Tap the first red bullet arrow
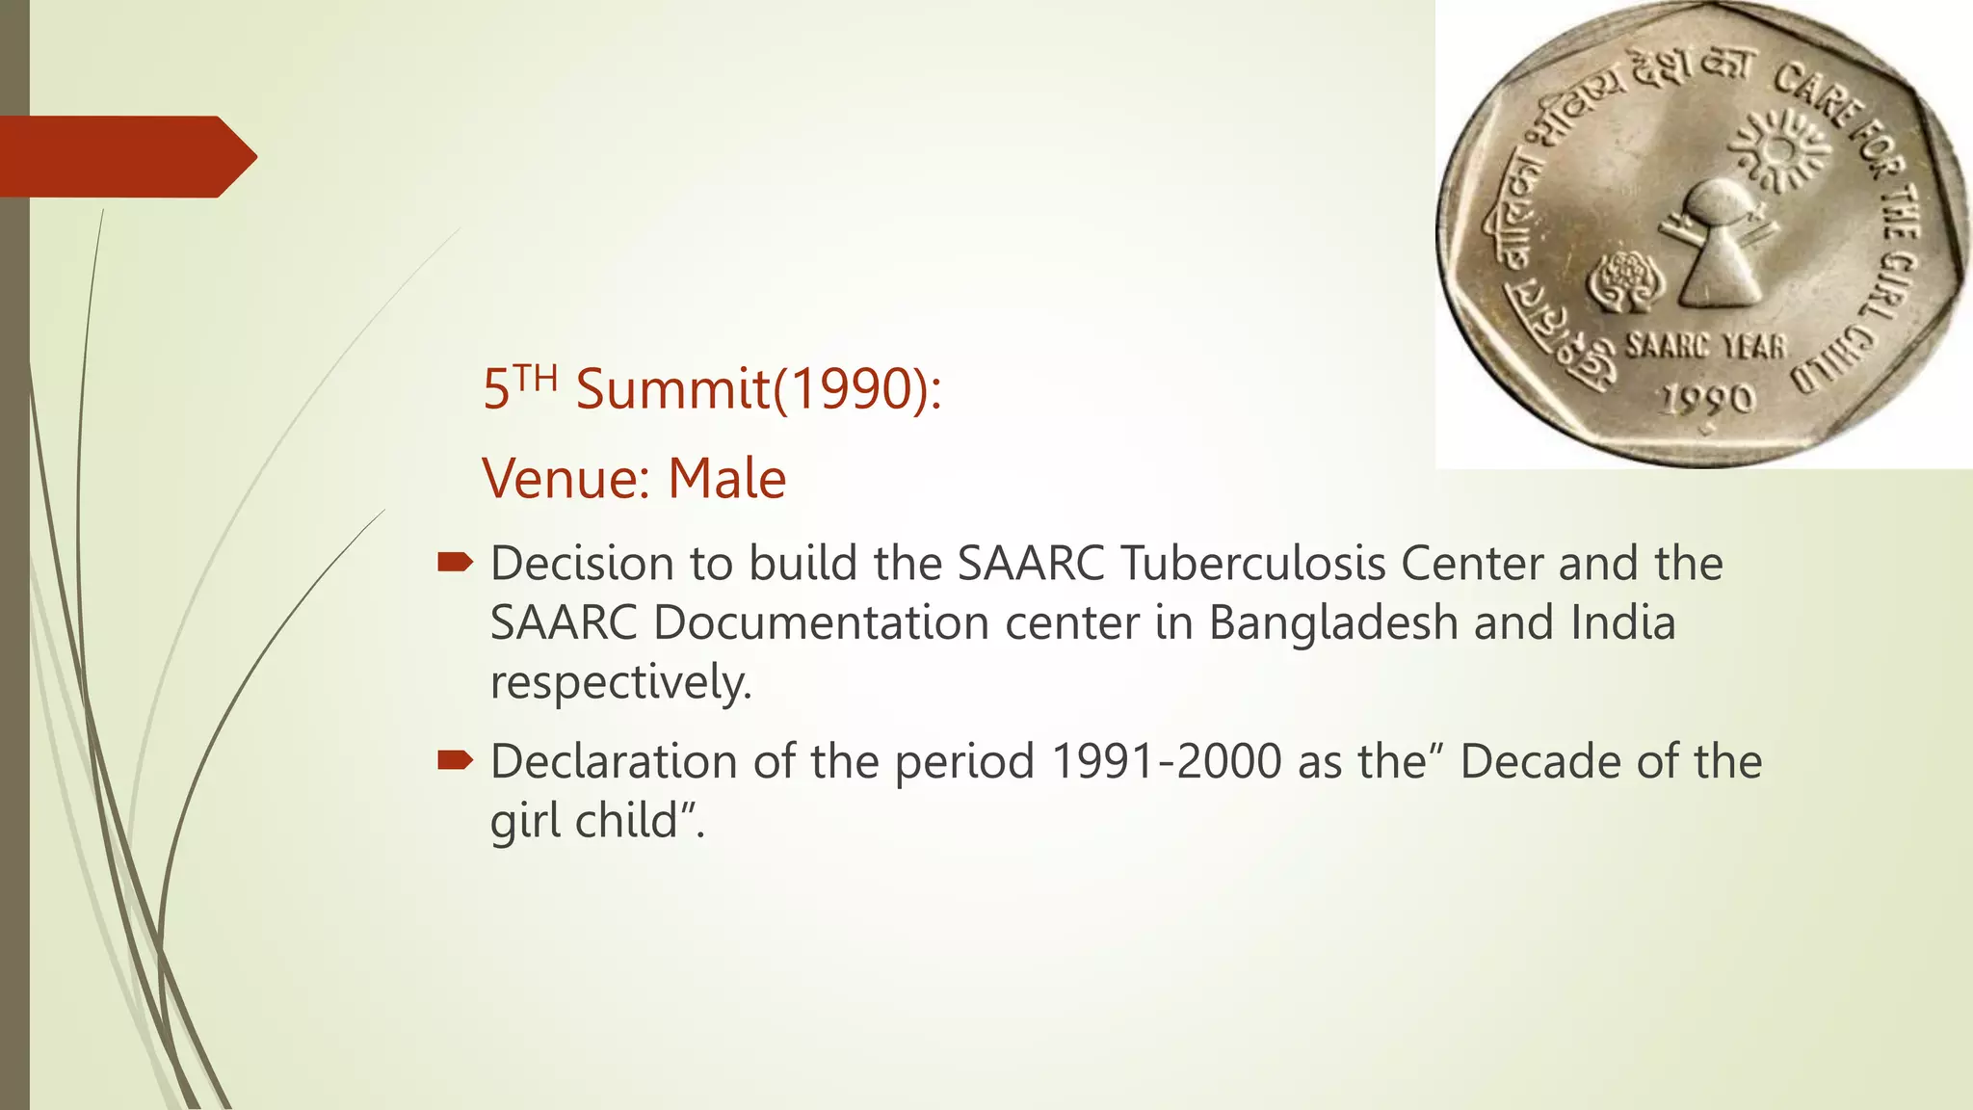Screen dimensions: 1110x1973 455,563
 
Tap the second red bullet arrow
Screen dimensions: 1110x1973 455,761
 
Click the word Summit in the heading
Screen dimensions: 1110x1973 673,390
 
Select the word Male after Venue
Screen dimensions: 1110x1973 727,479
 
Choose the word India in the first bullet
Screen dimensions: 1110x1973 1623,622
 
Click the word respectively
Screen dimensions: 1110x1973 620,682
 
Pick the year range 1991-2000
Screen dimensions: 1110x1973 1166,762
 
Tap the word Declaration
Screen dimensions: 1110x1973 614,762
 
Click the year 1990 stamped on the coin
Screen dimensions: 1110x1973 1707,398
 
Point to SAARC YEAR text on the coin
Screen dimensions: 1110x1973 1705,345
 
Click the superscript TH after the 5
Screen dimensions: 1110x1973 535,377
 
